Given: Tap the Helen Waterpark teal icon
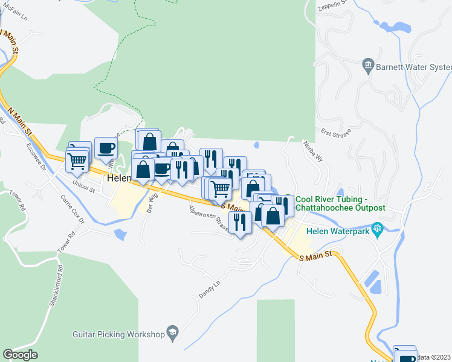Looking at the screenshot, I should [379, 229].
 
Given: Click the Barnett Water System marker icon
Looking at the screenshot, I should [369, 65].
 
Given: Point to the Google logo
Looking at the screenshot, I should [20, 355].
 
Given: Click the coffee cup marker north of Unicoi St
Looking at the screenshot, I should [106, 147].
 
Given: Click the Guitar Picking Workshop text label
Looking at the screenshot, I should [118, 334].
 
